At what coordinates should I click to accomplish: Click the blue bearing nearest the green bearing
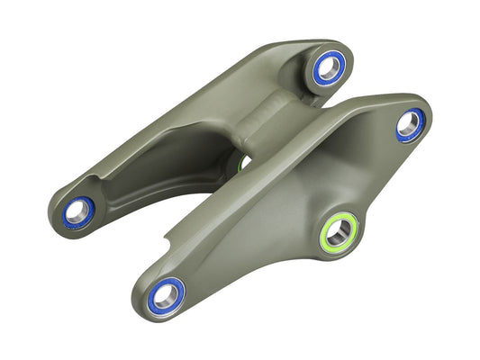pos(410,125)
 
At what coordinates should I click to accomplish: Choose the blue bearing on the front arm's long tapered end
pos(165,295)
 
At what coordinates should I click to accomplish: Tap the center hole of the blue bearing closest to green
pos(410,124)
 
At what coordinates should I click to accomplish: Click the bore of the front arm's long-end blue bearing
pos(165,295)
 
